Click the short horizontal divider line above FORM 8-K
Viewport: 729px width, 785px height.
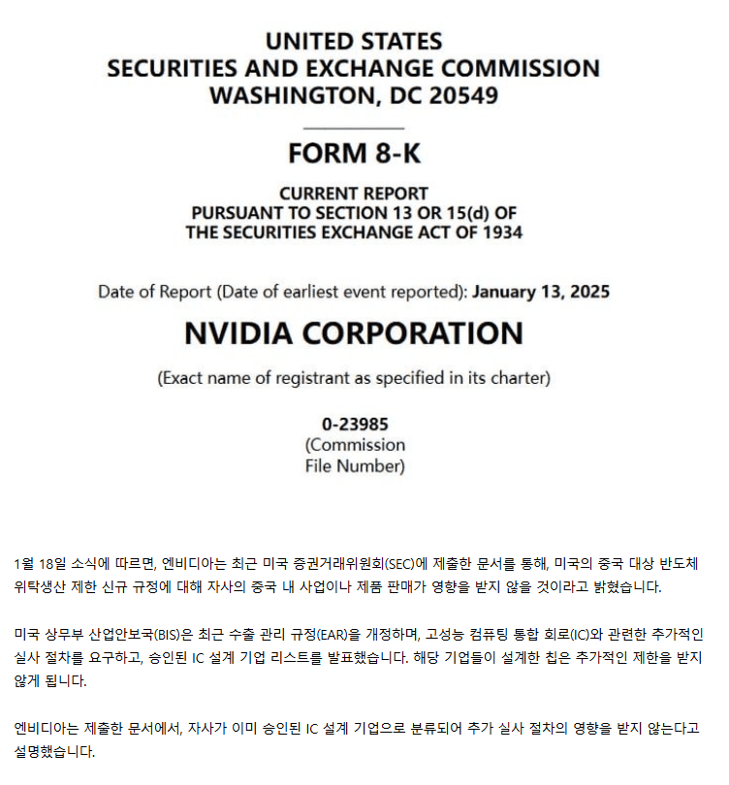point(353,127)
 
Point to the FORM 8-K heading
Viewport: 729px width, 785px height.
point(354,153)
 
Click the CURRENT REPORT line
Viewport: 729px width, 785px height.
point(354,193)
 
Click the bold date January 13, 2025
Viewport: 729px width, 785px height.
point(541,292)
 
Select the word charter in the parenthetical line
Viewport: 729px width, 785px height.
point(520,378)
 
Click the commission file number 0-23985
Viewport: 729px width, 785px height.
point(355,424)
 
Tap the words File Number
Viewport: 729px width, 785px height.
point(355,466)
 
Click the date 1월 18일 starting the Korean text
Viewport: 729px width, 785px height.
point(39,564)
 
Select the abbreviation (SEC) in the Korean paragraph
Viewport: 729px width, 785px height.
point(400,564)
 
